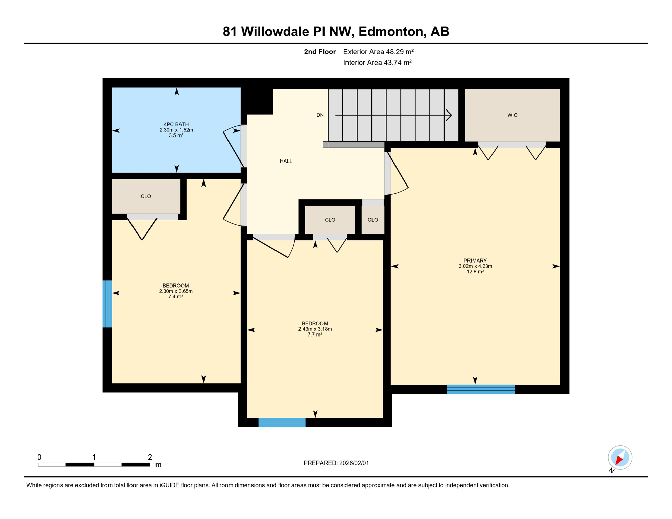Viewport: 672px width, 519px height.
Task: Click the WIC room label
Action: (512, 115)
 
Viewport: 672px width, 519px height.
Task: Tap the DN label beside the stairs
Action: (320, 115)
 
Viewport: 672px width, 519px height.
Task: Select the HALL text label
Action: (286, 161)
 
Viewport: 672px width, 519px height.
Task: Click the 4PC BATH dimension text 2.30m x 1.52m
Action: (176, 130)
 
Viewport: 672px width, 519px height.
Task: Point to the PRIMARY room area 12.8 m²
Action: (475, 272)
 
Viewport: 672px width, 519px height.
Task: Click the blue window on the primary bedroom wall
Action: (481, 389)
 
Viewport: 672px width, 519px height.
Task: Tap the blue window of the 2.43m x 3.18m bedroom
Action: (282, 423)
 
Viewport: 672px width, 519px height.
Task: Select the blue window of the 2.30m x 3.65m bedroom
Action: (107, 304)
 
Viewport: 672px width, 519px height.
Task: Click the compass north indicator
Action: (620, 458)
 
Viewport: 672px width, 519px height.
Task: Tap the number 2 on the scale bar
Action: (150, 457)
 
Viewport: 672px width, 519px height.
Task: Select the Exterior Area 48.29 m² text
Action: (378, 52)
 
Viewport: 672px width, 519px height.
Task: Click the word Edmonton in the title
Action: (390, 32)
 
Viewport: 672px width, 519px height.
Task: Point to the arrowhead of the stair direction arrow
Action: (449, 115)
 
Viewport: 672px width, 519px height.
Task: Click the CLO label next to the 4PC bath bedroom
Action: (146, 196)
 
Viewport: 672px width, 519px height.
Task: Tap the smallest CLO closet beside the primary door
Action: (373, 220)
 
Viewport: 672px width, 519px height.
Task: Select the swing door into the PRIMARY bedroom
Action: (398, 174)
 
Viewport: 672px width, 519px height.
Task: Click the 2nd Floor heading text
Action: (319, 52)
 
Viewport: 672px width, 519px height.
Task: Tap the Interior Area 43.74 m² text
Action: (377, 63)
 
